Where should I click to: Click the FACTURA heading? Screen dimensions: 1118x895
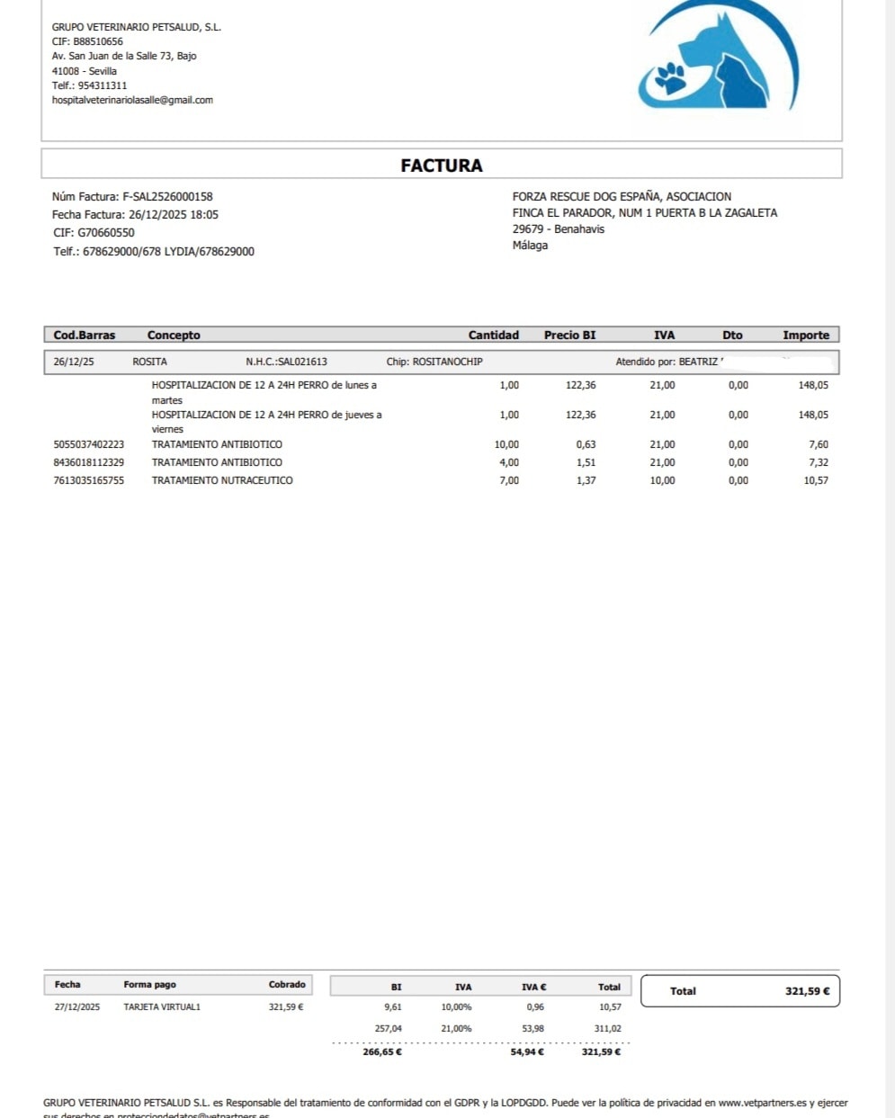tap(441, 165)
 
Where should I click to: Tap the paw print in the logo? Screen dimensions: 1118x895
tap(669, 77)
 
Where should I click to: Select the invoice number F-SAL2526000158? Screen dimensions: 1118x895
tap(167, 196)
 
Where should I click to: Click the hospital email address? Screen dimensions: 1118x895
tap(132, 100)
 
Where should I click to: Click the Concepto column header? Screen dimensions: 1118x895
tap(174, 335)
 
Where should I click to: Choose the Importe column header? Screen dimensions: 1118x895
tap(805, 335)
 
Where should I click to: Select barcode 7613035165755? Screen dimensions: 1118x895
tap(89, 480)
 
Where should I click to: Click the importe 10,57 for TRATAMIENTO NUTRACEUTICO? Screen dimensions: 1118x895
tap(815, 480)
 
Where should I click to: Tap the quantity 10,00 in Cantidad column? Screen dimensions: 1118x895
tap(506, 444)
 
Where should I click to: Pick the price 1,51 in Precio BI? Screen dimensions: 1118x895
tap(586, 462)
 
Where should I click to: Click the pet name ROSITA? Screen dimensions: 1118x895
tap(149, 362)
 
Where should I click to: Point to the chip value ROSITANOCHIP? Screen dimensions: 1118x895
tap(447, 362)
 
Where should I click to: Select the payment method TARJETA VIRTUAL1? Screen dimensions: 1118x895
tap(162, 1006)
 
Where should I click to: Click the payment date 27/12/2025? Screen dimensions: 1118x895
tap(77, 1006)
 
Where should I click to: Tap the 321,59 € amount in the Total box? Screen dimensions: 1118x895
tap(807, 991)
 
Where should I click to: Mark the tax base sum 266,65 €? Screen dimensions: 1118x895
tap(382, 1051)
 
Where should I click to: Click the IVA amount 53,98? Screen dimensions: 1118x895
tap(533, 1028)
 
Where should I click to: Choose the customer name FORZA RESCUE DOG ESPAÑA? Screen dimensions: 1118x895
tap(587, 196)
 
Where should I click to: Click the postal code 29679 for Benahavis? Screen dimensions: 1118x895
tap(528, 229)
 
